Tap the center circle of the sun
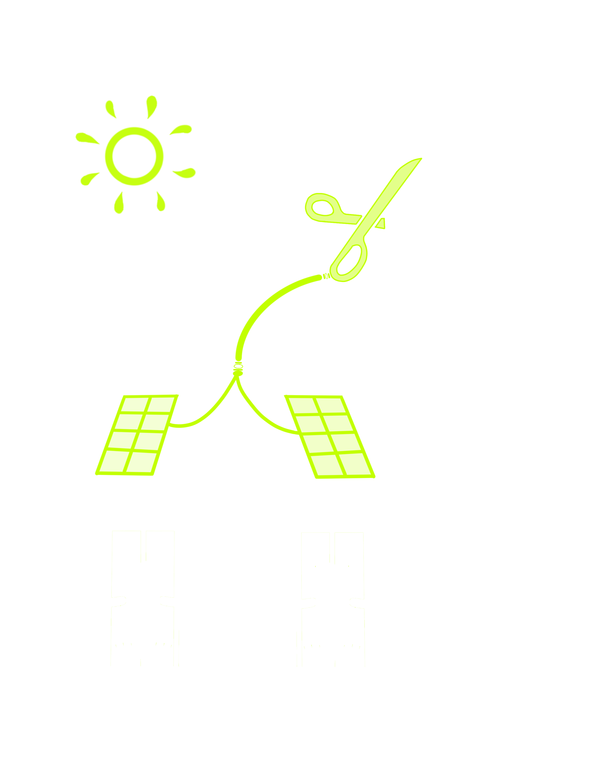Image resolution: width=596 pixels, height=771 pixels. coord(134,156)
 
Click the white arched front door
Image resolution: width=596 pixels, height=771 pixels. coord(240,611)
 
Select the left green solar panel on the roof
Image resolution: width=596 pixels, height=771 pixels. coord(136,435)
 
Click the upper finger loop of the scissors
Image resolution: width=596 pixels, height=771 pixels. coord(322,208)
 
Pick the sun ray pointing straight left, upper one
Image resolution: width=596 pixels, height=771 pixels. coord(87,138)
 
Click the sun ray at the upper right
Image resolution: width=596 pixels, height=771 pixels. coord(182,130)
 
